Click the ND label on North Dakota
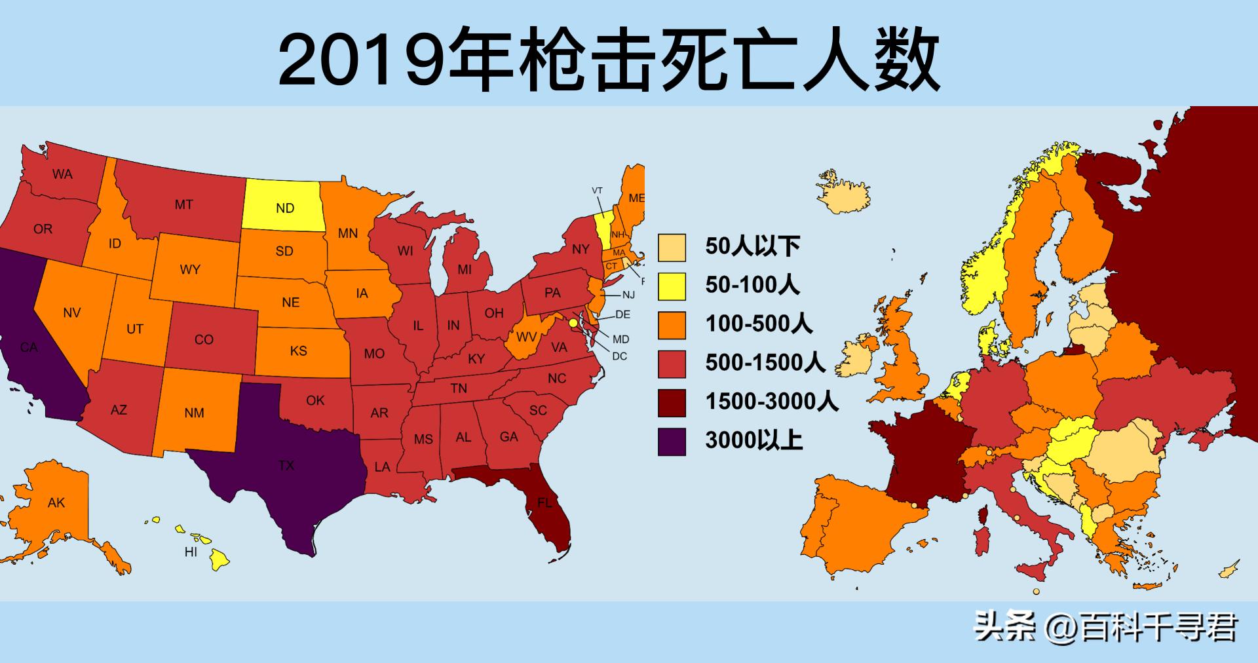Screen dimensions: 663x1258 285,208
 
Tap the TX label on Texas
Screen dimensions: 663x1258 286,466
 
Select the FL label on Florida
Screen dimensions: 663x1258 544,503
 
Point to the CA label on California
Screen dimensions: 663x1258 28,347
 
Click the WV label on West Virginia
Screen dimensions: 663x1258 527,337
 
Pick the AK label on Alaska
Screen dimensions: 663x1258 56,503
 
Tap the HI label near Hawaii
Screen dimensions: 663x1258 191,552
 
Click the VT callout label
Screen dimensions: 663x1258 597,191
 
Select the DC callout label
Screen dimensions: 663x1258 619,356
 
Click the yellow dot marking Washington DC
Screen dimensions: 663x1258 573,323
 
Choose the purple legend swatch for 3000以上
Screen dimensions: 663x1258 672,441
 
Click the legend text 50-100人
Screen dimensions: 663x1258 752,285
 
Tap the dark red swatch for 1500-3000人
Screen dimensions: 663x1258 672,402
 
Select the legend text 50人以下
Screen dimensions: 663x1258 752,246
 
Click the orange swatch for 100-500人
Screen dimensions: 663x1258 672,325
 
